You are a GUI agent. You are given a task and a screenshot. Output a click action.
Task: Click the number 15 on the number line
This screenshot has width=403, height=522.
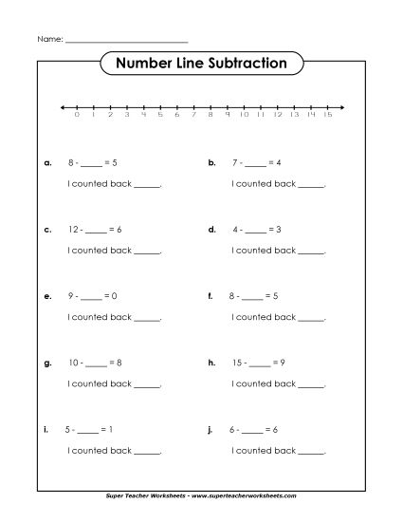[328, 115]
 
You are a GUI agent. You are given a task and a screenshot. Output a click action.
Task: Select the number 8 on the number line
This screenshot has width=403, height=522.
[211, 115]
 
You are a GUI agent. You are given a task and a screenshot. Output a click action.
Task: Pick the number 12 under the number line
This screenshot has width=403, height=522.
[278, 115]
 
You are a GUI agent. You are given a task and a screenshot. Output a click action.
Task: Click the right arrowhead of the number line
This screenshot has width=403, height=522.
[341, 106]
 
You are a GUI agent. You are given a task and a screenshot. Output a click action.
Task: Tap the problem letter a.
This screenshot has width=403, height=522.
[47, 163]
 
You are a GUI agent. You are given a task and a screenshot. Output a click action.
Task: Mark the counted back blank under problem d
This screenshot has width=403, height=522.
[312, 252]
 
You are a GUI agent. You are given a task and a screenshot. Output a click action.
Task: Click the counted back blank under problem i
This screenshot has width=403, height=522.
[147, 452]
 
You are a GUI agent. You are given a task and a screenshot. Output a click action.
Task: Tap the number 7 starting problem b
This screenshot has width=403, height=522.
[235, 163]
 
